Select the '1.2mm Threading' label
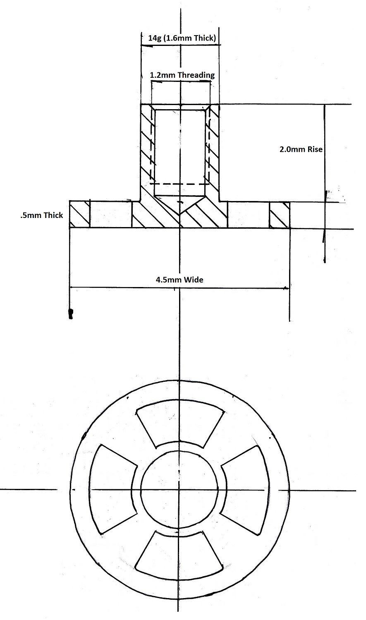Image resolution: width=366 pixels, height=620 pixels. [x=182, y=75]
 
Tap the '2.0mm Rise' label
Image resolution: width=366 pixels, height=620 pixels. [x=301, y=149]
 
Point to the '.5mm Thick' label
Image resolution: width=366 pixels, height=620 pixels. [x=41, y=215]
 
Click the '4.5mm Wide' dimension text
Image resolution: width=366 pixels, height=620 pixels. [x=179, y=280]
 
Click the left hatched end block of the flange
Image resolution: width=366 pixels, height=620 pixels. [x=79, y=215]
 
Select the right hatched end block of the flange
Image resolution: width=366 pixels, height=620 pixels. [x=280, y=215]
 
